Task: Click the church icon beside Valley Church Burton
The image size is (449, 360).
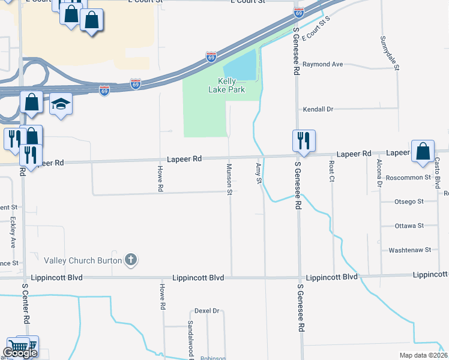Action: click(x=131, y=260)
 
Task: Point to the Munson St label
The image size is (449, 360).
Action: click(x=229, y=179)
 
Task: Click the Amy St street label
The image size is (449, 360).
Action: click(x=259, y=173)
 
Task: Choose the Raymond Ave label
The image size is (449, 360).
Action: click(x=322, y=64)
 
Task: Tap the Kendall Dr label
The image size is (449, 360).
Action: click(x=318, y=109)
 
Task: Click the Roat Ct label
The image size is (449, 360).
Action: click(x=331, y=172)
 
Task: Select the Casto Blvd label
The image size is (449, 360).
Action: click(x=437, y=171)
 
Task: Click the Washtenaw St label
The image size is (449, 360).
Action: click(x=410, y=250)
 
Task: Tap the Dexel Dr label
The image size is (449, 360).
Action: click(x=207, y=311)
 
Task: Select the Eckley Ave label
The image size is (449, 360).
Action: click(x=13, y=233)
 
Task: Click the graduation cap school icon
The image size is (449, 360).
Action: click(x=61, y=104)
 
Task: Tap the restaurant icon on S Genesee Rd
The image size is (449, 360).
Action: click(x=303, y=140)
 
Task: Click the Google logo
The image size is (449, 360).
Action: click(x=19, y=353)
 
